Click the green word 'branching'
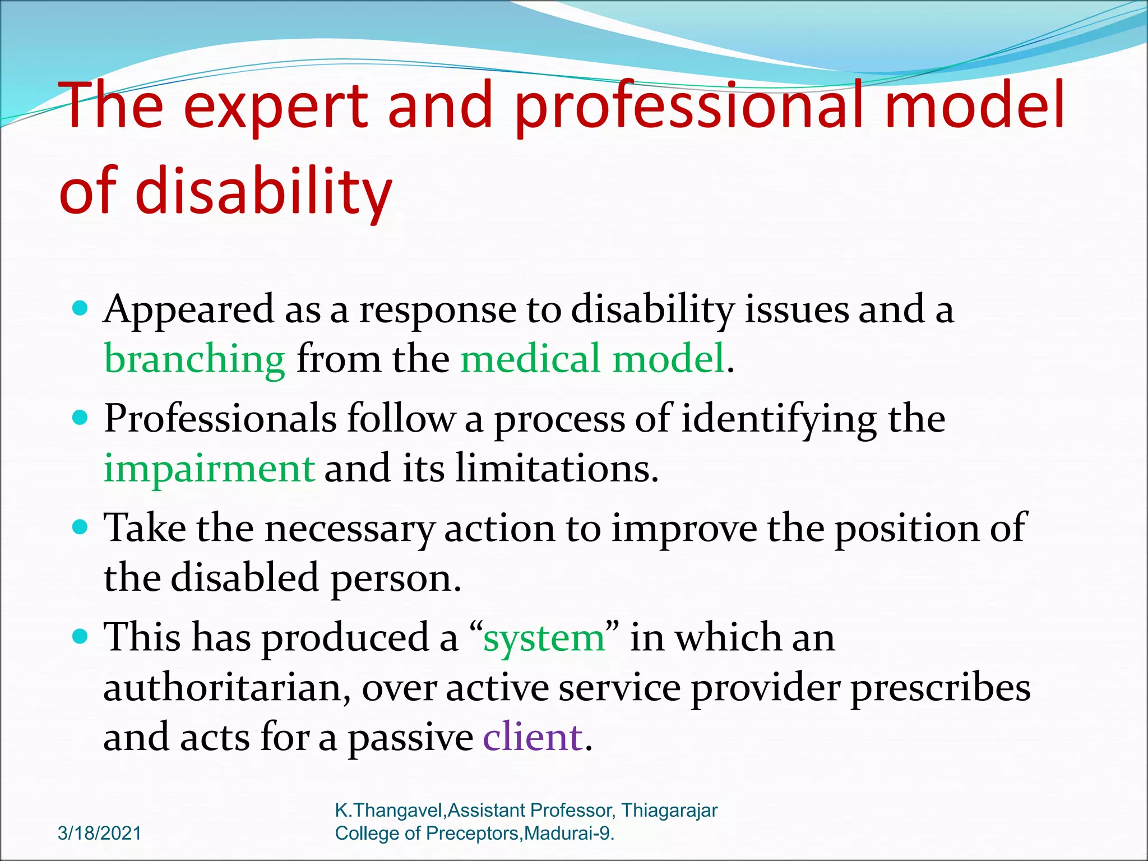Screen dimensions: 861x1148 tap(195, 359)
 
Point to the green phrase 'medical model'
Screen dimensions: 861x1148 tap(592, 359)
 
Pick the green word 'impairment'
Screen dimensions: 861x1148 tap(209, 468)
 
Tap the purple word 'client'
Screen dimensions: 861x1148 tap(533, 737)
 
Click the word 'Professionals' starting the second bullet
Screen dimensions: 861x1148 tap(220, 419)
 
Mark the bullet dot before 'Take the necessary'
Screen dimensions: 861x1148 tap(81, 527)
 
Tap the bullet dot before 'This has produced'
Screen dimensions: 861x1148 tap(81, 636)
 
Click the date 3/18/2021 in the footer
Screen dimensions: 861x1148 tap(100, 833)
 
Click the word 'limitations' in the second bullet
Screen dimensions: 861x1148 tap(555, 468)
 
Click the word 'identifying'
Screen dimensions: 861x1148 tap(779, 419)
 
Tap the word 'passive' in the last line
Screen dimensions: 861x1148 tap(411, 737)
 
